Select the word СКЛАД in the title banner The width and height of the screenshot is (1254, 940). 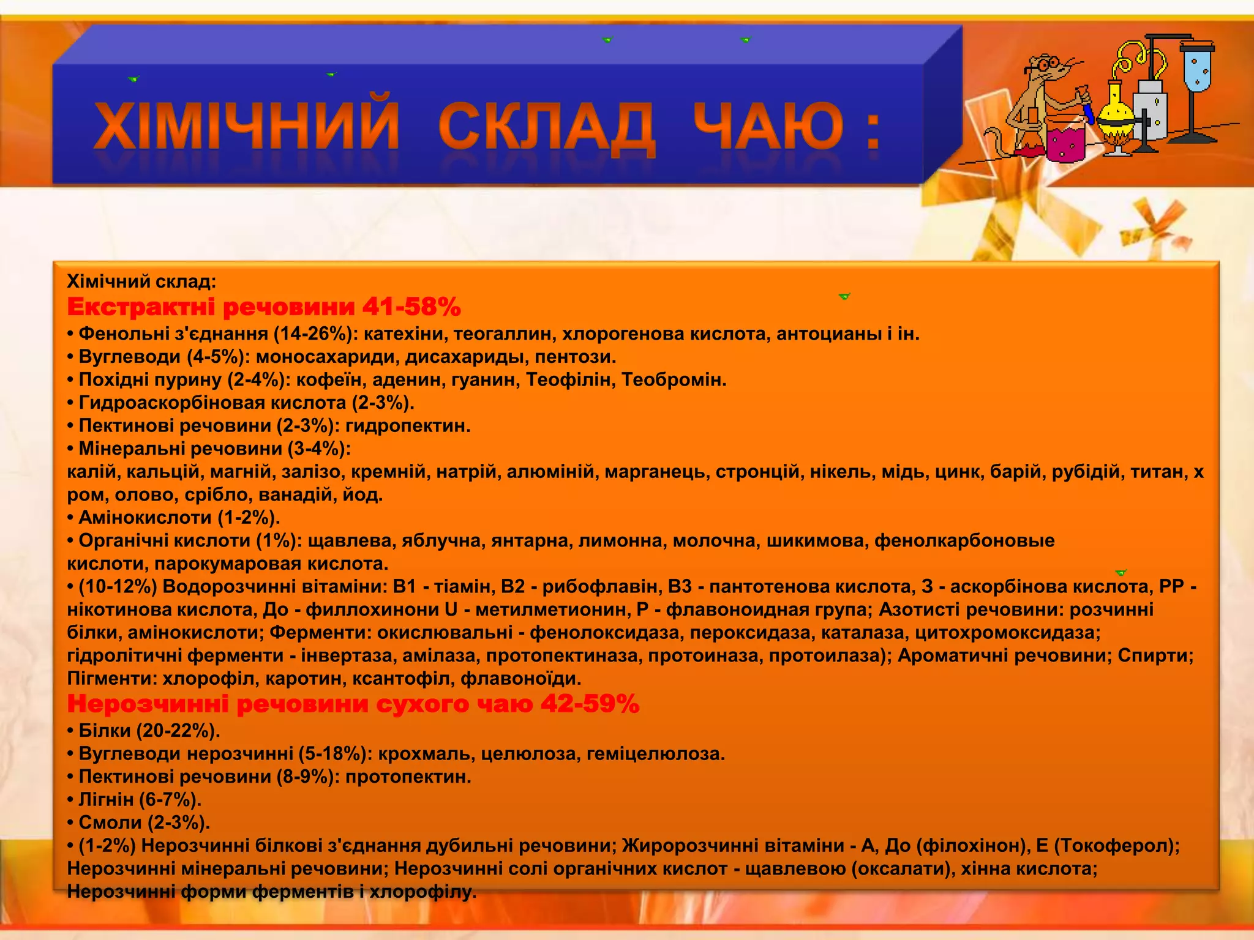click(x=546, y=127)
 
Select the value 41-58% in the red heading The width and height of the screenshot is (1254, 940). click(x=411, y=307)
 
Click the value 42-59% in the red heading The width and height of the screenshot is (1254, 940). click(x=590, y=704)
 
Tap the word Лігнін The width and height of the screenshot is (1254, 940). click(x=106, y=799)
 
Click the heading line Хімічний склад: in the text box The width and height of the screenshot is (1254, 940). click(x=141, y=282)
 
